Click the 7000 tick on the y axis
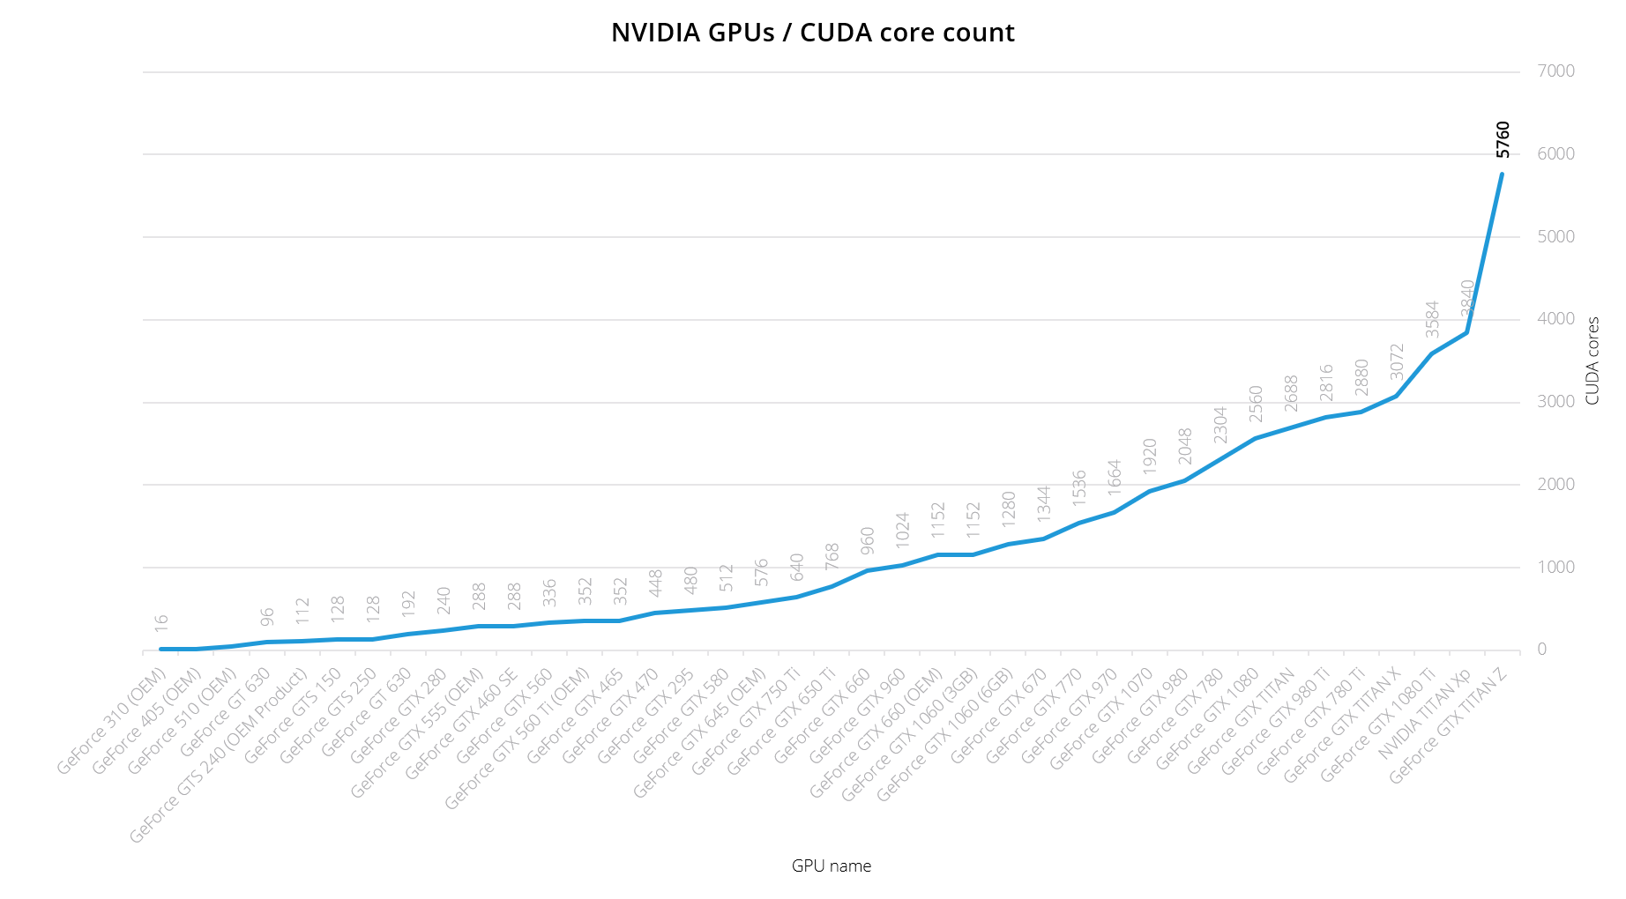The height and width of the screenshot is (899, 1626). coord(1555,71)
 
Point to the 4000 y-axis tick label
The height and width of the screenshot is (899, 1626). coord(1555,319)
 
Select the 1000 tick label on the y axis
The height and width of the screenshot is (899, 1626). coord(1555,568)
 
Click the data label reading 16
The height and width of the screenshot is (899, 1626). coord(161,622)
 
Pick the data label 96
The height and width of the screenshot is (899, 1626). coord(267,616)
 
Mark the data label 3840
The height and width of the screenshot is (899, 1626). coord(1467,298)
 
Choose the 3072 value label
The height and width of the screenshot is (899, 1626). coord(1397,361)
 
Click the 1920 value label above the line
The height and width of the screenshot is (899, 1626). coord(1150,457)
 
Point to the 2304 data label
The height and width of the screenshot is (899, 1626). coord(1220,424)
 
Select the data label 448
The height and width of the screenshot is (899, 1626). coord(655,583)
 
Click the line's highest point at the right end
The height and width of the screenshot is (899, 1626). coord(1502,174)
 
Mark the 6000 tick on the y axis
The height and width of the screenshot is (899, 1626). coord(1555,154)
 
